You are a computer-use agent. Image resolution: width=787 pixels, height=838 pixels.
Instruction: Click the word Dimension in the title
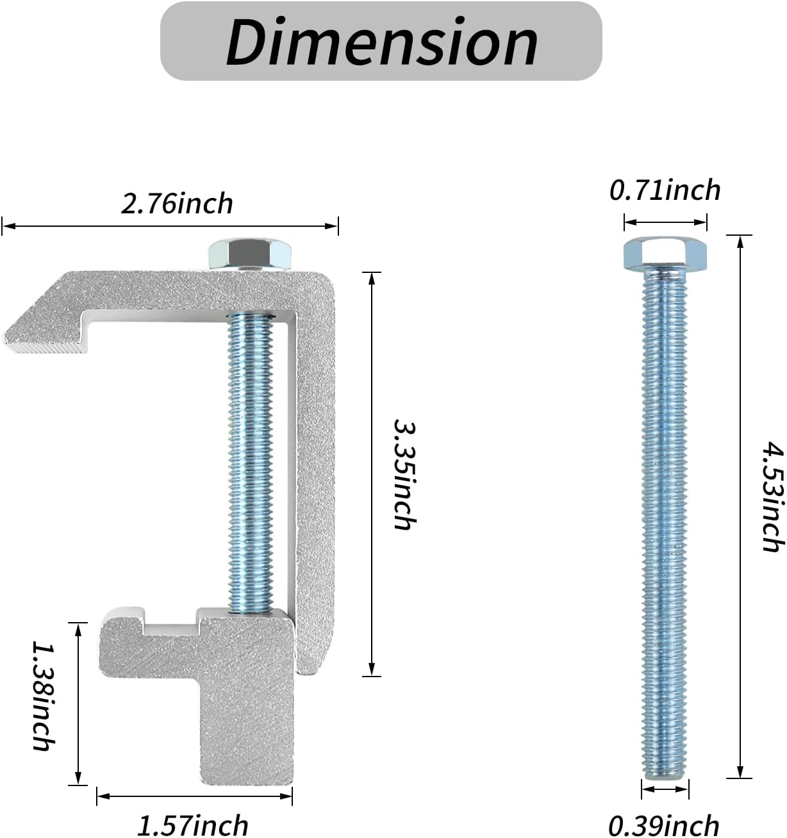[x=382, y=42]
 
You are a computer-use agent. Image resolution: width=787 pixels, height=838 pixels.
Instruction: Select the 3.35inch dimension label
[x=404, y=474]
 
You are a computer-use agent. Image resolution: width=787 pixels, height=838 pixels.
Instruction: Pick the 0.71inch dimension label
[x=665, y=190]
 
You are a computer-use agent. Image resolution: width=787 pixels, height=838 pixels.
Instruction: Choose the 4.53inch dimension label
[x=774, y=497]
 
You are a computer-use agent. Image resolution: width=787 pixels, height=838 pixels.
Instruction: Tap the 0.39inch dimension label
[x=664, y=825]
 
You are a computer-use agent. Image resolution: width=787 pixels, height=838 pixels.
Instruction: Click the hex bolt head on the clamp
[x=250, y=254]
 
